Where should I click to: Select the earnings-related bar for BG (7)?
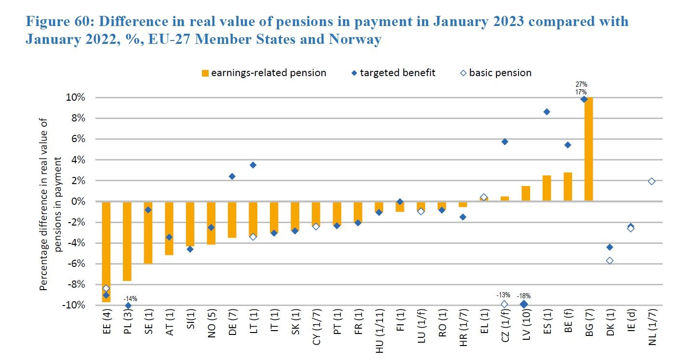pyautogui.click(x=588, y=149)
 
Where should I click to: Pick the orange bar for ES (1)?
pyautogui.click(x=547, y=188)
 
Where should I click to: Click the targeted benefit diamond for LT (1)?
pyautogui.click(x=253, y=165)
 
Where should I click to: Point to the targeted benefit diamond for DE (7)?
pyautogui.click(x=232, y=176)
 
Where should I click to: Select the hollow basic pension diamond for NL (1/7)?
pyautogui.click(x=652, y=181)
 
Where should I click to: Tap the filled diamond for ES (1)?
pyautogui.click(x=547, y=112)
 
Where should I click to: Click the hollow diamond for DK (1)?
pyautogui.click(x=610, y=261)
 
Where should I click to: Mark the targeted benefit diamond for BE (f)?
pyautogui.click(x=568, y=145)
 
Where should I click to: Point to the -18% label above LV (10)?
pyautogui.click(x=524, y=296)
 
